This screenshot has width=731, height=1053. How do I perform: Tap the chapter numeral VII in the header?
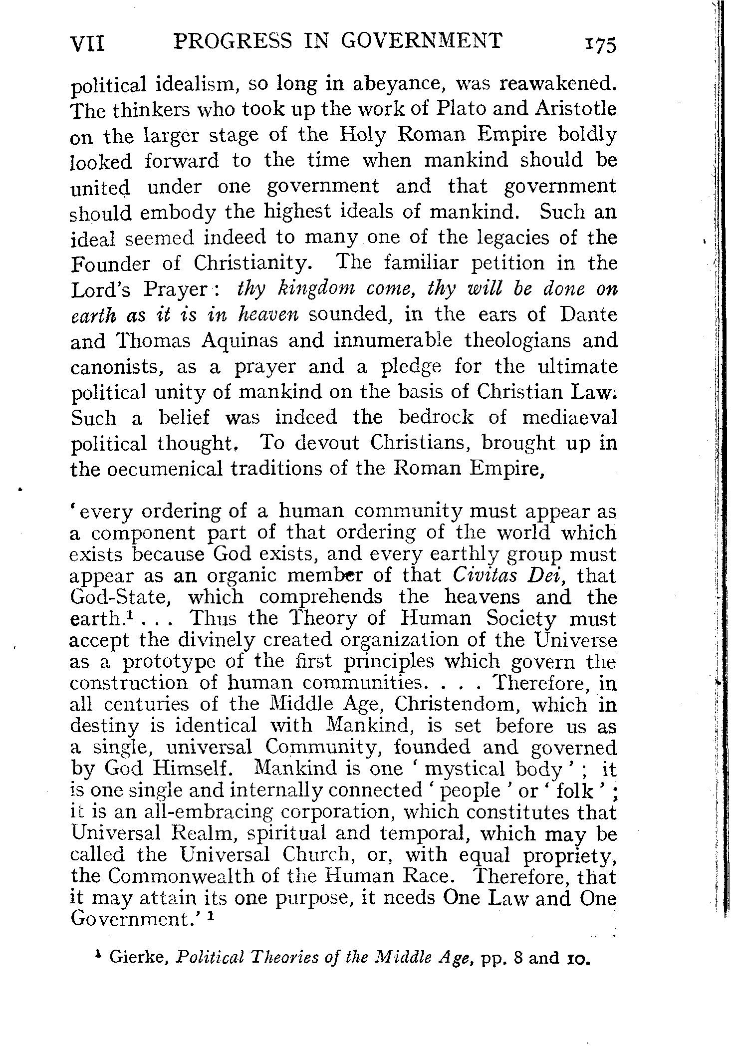click(x=87, y=44)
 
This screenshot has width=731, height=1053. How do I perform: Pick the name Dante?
click(x=589, y=314)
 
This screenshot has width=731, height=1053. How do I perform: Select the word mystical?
click(x=463, y=769)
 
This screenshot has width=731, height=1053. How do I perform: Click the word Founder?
click(x=110, y=263)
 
